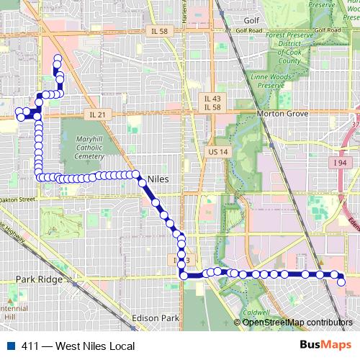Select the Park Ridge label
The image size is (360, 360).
coord(35,277)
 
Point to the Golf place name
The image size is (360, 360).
coord(251,21)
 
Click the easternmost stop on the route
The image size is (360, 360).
coord(342,281)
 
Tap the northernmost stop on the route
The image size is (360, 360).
coord(57,58)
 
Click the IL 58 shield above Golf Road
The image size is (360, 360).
coord(158,31)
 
